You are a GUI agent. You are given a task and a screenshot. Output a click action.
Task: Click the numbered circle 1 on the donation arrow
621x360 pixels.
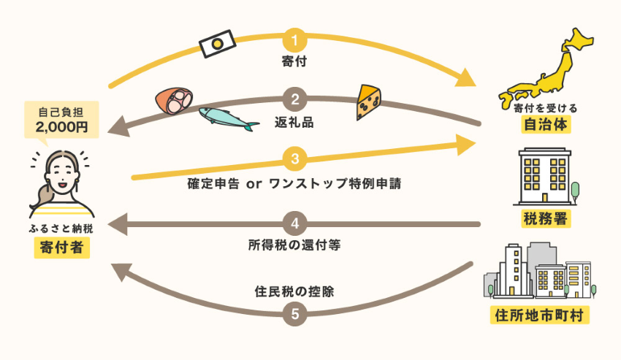(294, 40)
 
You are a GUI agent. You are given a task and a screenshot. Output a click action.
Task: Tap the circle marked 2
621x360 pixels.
(294, 99)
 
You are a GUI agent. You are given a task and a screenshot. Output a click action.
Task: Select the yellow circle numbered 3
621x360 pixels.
(294, 158)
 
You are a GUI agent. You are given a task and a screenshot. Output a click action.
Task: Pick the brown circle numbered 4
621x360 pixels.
(294, 223)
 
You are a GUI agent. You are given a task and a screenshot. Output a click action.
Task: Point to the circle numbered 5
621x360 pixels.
(294, 314)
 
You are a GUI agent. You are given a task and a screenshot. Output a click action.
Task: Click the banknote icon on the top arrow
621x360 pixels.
(217, 44)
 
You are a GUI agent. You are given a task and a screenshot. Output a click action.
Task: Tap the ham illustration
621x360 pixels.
(174, 101)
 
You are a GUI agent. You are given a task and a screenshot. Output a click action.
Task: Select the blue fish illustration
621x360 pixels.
(229, 118)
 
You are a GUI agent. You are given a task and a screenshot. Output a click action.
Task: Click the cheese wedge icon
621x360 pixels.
(368, 102)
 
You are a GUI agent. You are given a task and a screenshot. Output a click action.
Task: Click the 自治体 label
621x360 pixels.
(546, 124)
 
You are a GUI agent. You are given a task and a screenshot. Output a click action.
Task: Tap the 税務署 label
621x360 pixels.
(546, 218)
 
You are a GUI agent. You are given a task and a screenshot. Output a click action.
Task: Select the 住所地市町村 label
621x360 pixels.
(539, 315)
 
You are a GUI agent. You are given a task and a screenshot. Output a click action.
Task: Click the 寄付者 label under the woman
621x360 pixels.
(62, 248)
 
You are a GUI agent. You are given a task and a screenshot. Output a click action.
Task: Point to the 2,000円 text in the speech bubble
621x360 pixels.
(61, 127)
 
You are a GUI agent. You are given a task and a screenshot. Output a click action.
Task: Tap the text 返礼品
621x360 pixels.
(294, 123)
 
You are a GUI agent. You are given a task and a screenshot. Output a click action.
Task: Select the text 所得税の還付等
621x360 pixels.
(294, 245)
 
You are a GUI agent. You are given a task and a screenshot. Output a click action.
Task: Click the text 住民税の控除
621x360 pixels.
(294, 291)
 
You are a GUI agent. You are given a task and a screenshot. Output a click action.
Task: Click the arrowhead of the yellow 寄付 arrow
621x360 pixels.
(466, 78)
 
